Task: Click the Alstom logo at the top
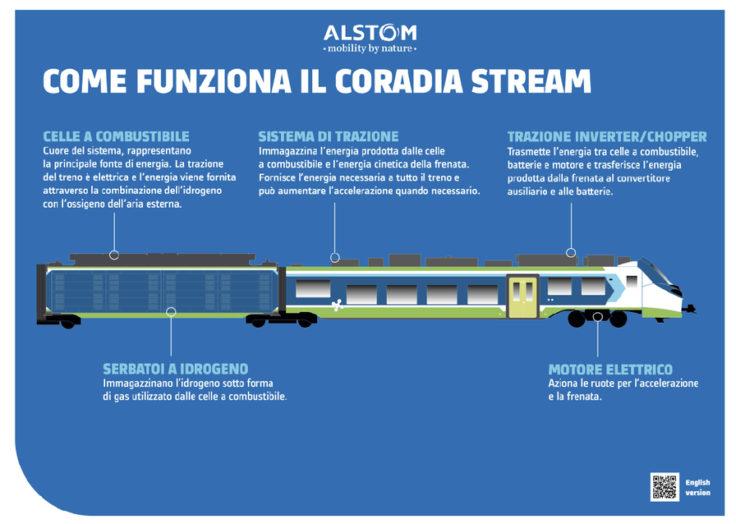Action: pyautogui.click(x=370, y=33)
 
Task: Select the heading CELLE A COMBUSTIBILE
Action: pyautogui.click(x=116, y=136)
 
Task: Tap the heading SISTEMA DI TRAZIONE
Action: pyautogui.click(x=328, y=136)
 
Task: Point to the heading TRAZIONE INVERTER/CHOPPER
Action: pyautogui.click(x=606, y=136)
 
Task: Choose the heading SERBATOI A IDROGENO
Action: pyautogui.click(x=175, y=369)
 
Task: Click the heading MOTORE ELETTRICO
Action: pyautogui.click(x=609, y=370)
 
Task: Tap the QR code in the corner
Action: pyautogui.click(x=664, y=487)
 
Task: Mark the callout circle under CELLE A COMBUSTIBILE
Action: pyautogui.click(x=114, y=255)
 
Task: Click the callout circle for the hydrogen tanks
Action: pyautogui.click(x=171, y=311)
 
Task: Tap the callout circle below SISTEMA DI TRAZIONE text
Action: pyautogui.click(x=334, y=257)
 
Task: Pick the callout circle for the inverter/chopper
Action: pyautogui.click(x=571, y=253)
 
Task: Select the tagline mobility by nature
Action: pyautogui.click(x=370, y=48)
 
